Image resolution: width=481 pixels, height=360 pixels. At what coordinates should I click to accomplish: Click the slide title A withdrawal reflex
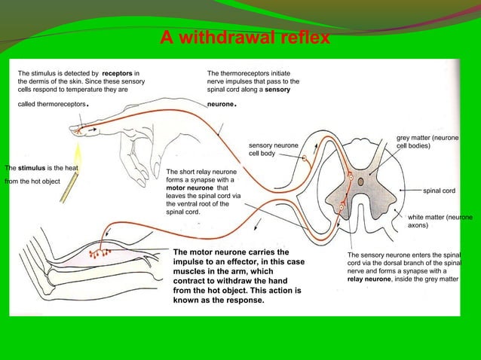click(244, 37)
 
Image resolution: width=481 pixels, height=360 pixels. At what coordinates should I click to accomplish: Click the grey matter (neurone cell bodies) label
click(427, 142)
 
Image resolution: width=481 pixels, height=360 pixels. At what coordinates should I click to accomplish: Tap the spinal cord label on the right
click(439, 191)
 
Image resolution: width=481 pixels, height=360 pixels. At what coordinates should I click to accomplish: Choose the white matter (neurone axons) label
click(440, 221)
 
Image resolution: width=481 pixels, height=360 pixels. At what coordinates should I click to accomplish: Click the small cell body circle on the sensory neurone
click(305, 159)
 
